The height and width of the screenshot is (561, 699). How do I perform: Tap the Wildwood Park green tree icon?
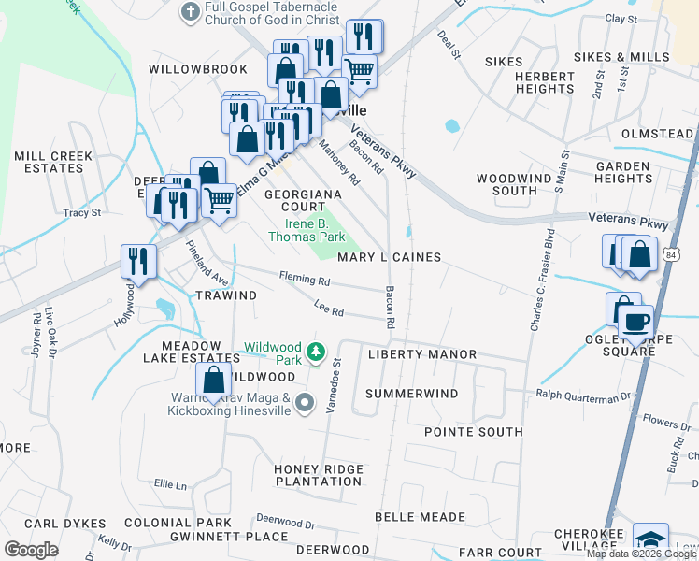pos(317,352)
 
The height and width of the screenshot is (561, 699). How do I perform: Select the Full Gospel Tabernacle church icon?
pos(191,11)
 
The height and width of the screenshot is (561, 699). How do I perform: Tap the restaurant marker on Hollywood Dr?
pos(138,261)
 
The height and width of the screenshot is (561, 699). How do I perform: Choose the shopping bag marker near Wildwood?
pos(214,380)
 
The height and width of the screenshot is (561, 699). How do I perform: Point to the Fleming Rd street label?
pos(305,280)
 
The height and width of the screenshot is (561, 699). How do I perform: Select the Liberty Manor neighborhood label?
pos(421,355)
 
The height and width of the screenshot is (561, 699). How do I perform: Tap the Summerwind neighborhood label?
pos(411,395)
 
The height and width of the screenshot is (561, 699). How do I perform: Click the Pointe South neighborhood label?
pos(473,432)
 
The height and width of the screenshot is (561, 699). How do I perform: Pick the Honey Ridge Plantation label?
pos(317,476)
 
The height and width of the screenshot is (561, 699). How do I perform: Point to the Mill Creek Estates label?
pos(49,162)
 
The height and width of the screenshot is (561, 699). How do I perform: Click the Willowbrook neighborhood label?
pos(198,69)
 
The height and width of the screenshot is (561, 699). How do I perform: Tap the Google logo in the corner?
pos(31,550)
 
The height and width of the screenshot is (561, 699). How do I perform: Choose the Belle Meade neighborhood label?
pos(420,517)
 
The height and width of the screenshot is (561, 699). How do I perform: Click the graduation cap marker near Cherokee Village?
pos(650,539)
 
